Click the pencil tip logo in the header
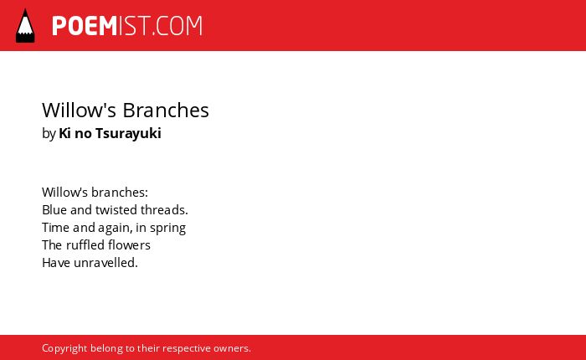click(25, 25)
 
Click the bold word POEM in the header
click(85, 26)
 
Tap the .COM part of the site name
click(177, 26)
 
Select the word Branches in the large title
click(166, 110)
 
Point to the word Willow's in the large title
click(80, 110)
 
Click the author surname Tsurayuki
click(128, 133)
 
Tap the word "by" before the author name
click(49, 134)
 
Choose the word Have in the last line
click(56, 262)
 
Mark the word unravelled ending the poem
click(105, 262)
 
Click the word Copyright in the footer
click(64, 348)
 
